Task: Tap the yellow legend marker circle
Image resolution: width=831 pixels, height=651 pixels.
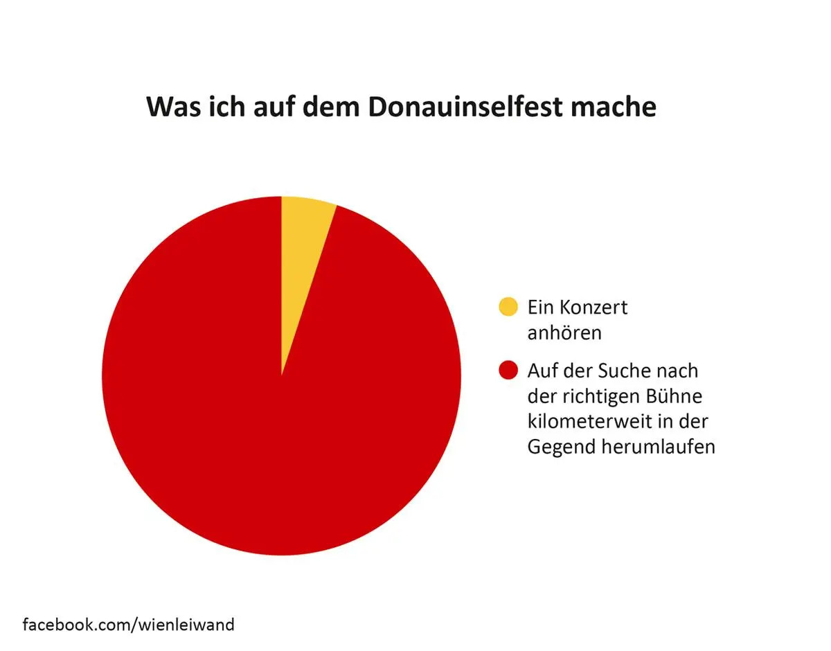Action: click(508, 307)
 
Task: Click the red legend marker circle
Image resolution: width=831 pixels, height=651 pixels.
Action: click(508, 371)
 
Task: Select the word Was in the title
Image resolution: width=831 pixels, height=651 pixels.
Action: click(170, 107)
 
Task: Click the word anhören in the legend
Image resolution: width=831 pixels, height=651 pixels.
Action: click(564, 332)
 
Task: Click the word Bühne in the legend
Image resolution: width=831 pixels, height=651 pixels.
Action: click(672, 396)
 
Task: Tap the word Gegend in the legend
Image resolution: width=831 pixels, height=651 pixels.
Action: click(557, 447)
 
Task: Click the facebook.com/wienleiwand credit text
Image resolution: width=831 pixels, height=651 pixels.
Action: click(129, 625)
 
